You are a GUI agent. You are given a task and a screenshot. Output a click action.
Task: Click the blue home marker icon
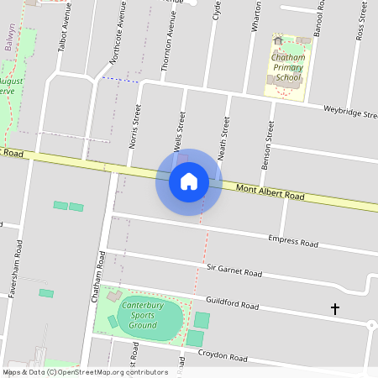[189, 181]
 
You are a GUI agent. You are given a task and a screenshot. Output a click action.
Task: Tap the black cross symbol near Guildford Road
[335, 309]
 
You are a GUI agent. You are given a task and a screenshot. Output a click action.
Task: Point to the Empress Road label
[293, 242]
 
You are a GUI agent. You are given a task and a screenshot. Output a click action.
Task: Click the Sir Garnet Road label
[234, 271]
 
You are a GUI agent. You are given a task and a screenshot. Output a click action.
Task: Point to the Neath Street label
[224, 139]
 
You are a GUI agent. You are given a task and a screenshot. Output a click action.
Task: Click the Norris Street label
[134, 125]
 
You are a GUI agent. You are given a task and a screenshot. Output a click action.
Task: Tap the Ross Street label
[361, 20]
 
